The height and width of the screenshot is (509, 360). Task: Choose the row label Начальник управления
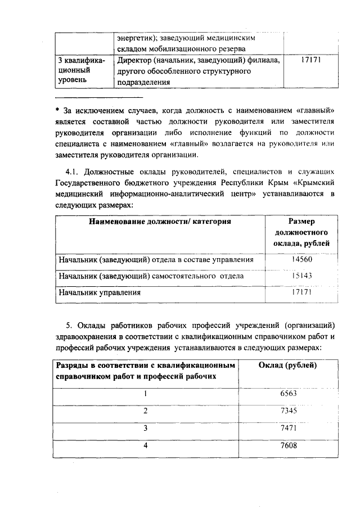pos(100,292)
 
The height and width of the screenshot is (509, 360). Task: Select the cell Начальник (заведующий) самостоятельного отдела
pos(151,276)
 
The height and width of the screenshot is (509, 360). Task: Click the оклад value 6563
pos(288,393)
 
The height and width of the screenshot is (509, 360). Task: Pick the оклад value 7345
pos(288,411)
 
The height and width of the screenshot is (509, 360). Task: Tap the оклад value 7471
pos(288,428)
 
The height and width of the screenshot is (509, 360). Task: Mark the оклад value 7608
pos(288,446)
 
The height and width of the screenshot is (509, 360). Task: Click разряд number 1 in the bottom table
pos(145,393)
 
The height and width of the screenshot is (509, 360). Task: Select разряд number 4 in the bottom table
pos(145,446)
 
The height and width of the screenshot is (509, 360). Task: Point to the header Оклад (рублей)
pos(287,366)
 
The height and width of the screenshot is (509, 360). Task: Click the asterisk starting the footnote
pos(57,110)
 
